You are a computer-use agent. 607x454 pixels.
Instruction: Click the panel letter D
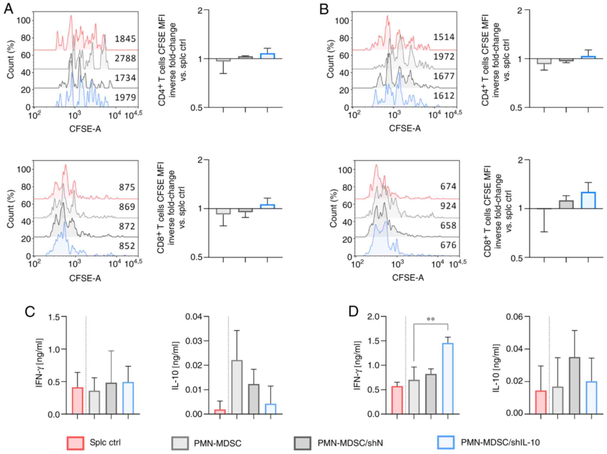354,311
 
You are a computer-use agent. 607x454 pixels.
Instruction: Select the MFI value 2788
125,58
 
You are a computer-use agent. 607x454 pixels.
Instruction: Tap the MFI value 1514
444,37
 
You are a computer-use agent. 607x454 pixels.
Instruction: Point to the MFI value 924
448,206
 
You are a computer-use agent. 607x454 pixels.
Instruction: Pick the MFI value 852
127,246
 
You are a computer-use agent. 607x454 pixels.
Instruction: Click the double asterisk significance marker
430,319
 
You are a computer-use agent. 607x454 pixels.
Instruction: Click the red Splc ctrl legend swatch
75,443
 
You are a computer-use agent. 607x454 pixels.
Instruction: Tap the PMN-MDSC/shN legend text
350,443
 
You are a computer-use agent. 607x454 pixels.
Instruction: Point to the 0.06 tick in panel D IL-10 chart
514,316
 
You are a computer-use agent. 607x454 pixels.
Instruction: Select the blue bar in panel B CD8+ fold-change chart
588,200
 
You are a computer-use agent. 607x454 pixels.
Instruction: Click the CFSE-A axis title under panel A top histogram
85,129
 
